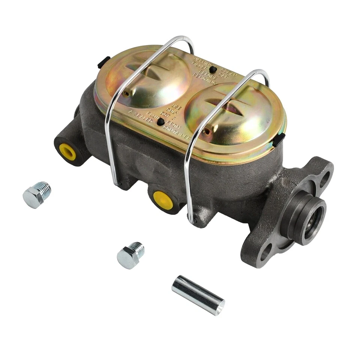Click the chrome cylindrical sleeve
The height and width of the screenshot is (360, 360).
(198, 294)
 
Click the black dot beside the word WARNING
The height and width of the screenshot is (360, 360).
(213, 69)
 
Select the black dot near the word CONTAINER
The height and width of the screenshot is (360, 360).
(160, 121)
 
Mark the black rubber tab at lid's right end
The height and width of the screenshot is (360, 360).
(278, 140)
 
